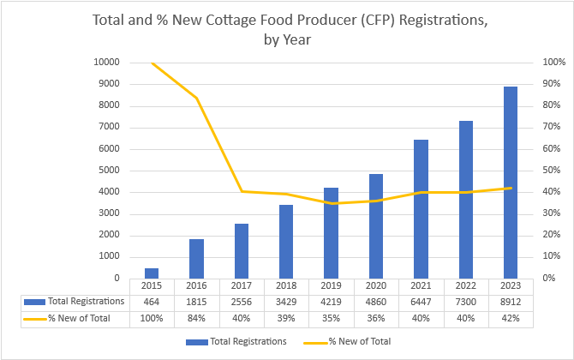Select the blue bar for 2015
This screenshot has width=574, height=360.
(x=152, y=273)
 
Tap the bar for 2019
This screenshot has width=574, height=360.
(x=331, y=232)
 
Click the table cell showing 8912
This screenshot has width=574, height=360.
(x=511, y=301)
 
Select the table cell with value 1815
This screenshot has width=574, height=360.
(x=196, y=301)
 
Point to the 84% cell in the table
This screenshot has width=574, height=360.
(x=196, y=318)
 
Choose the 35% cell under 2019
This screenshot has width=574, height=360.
(x=331, y=318)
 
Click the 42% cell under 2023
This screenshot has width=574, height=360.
(x=511, y=318)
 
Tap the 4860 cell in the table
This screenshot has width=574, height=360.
(x=376, y=301)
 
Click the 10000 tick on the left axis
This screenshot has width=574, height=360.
(x=107, y=63)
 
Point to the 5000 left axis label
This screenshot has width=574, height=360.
(x=110, y=171)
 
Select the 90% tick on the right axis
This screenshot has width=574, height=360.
(x=553, y=84)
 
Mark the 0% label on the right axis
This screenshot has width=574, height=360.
(x=550, y=278)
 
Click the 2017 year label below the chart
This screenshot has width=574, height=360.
(x=241, y=285)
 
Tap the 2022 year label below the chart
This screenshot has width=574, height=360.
(x=465, y=285)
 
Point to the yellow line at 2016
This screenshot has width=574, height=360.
(x=196, y=98)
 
